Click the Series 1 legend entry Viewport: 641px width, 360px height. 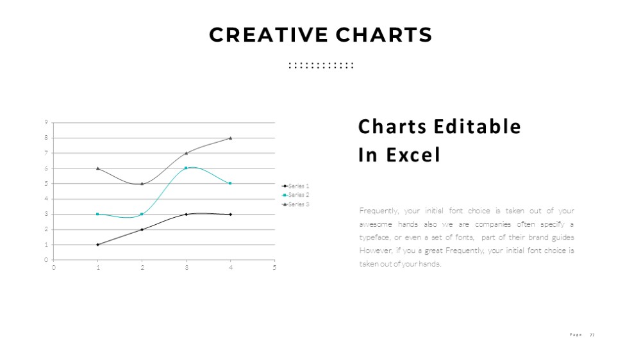pos(295,186)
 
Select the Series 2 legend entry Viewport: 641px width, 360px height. pos(295,195)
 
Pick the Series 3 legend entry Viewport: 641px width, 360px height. pos(295,204)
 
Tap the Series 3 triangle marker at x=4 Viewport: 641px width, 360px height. pos(231,138)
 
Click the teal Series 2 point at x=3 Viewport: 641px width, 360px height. pos(186,168)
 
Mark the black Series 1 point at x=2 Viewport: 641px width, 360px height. pos(142,230)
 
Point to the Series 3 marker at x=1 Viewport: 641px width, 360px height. pos(97,168)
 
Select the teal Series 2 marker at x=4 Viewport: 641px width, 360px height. pos(231,183)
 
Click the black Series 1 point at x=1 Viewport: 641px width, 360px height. pos(97,245)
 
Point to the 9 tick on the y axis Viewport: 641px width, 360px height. pos(46,122)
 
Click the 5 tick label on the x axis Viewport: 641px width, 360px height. pos(274,268)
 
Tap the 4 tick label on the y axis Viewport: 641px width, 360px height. pos(46,199)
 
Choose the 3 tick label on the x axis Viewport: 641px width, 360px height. pos(187,268)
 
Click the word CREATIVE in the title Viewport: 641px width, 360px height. pos(268,35)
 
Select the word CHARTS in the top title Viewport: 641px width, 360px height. pos(384,35)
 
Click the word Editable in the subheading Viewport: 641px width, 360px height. pos(477,126)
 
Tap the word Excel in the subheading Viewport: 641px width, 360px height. pos(413,155)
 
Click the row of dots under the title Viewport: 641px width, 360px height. pos(321,65)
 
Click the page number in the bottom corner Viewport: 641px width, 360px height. pos(592,335)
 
